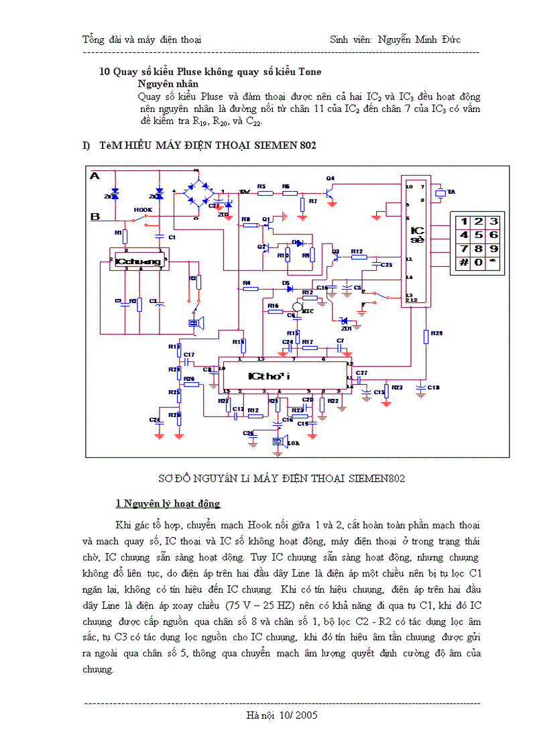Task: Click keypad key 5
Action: coord(478,235)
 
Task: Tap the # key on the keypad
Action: coord(463,262)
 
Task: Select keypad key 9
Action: coord(493,249)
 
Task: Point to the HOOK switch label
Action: coord(143,210)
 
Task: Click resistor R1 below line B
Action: coord(125,234)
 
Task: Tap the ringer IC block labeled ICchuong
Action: coord(138,261)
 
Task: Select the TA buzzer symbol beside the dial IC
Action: coord(440,192)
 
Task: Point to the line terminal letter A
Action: coord(95,176)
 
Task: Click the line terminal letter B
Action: coord(95,216)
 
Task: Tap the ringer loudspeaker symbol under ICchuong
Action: coord(195,324)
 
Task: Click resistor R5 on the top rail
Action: coord(265,192)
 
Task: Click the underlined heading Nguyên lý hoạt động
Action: coord(168,504)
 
